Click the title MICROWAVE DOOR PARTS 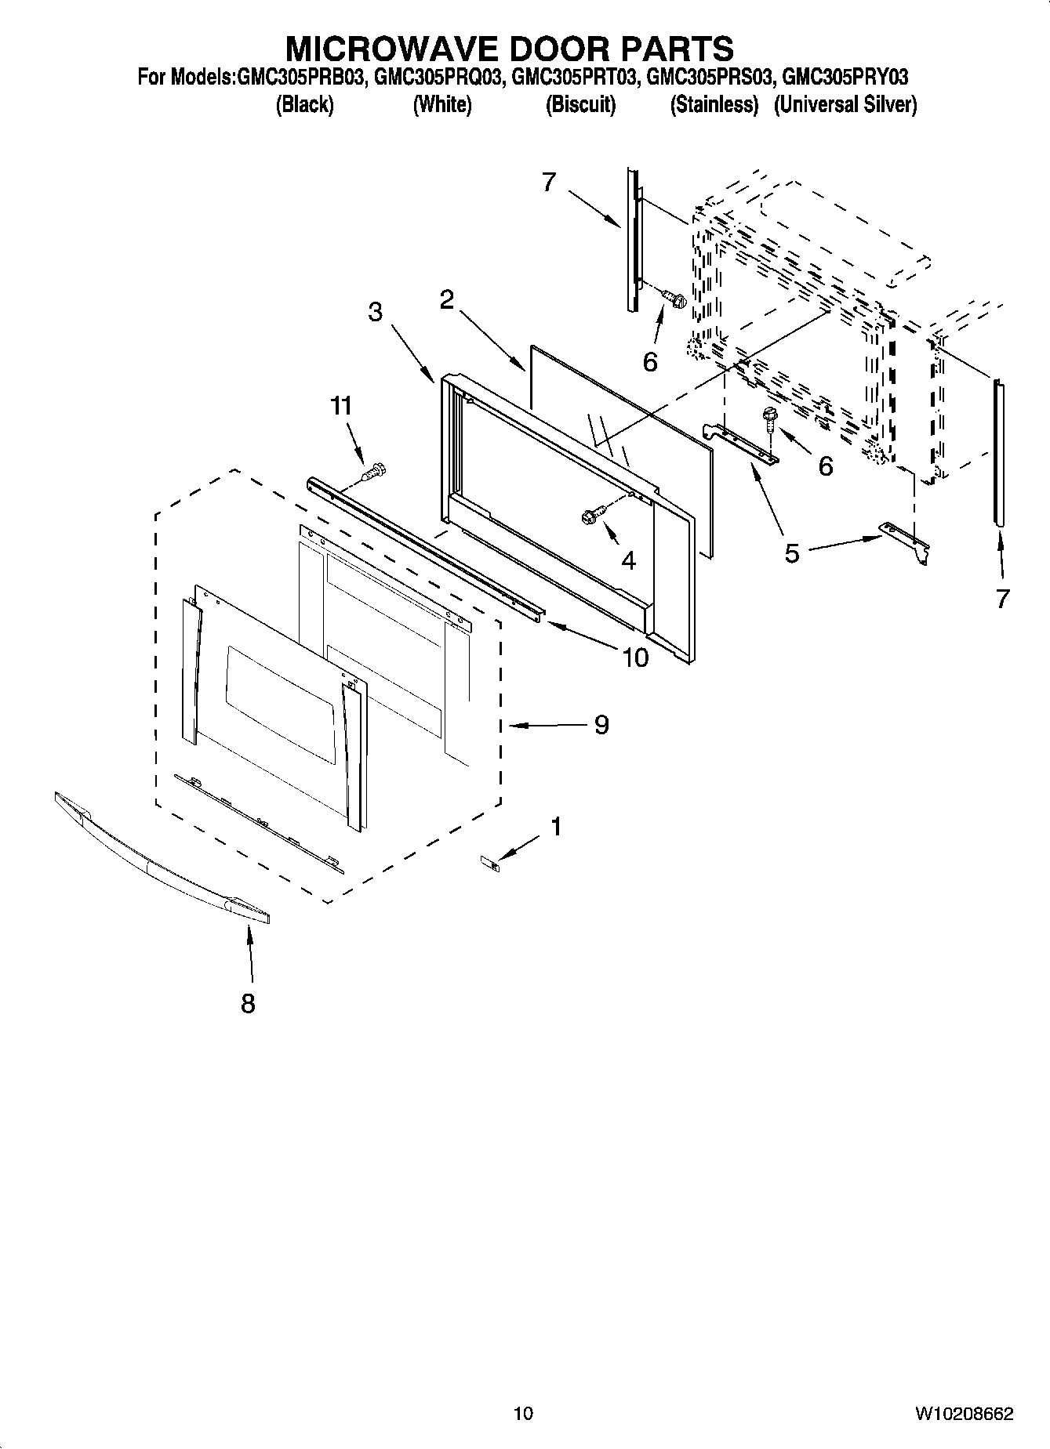[509, 49]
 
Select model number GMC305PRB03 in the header [299, 78]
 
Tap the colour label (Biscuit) [580, 104]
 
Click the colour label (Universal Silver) [845, 104]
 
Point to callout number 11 [340, 406]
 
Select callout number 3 [376, 312]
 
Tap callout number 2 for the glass [447, 299]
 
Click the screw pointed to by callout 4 [591, 516]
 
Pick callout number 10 [635, 657]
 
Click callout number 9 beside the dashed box [601, 725]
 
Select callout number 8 [248, 1003]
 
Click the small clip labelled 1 [490, 863]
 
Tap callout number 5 [792, 552]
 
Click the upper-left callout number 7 [548, 182]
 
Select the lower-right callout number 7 [1002, 599]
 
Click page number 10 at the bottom [523, 1413]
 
